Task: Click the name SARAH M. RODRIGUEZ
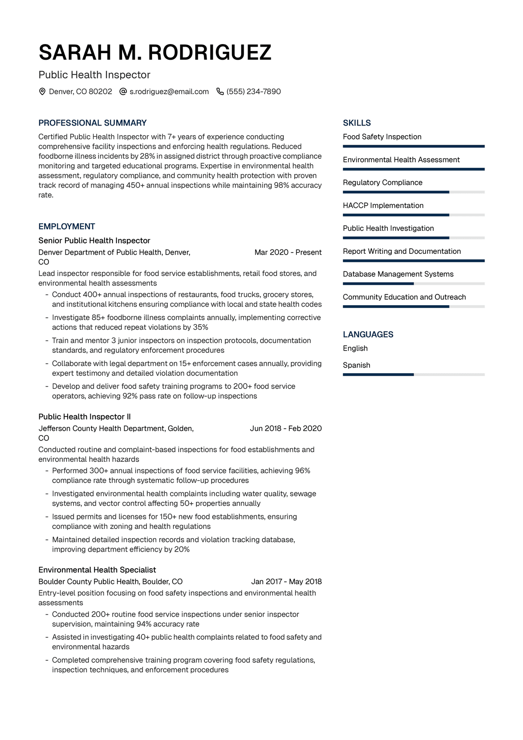click(x=155, y=53)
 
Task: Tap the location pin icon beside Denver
click(x=42, y=92)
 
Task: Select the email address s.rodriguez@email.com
click(x=169, y=92)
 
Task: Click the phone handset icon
click(x=220, y=92)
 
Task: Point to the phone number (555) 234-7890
click(x=254, y=92)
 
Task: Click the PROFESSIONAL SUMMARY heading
click(x=92, y=123)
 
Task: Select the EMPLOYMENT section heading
click(x=67, y=226)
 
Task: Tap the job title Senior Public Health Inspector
click(x=94, y=240)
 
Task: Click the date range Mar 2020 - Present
click(x=288, y=252)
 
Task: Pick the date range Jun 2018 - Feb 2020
click(x=286, y=428)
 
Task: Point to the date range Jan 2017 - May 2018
click(x=286, y=581)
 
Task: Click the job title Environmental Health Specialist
click(x=97, y=569)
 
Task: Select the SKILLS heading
click(x=357, y=123)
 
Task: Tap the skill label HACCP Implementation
click(x=383, y=205)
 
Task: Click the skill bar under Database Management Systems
click(x=414, y=284)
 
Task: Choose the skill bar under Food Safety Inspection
click(x=414, y=147)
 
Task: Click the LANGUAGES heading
click(x=368, y=334)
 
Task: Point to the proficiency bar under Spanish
click(x=414, y=375)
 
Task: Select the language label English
click(x=355, y=348)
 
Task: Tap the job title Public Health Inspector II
click(x=85, y=416)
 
